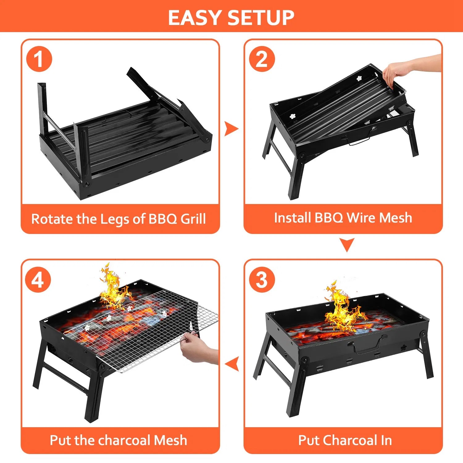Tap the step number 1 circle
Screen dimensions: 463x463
click(39, 59)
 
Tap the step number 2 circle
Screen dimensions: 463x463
click(262, 59)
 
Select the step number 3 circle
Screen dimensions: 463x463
click(262, 280)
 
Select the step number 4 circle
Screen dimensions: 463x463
click(38, 280)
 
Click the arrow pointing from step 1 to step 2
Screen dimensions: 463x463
click(231, 129)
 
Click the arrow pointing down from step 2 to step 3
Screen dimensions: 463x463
click(347, 244)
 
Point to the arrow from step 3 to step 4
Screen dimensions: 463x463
click(232, 363)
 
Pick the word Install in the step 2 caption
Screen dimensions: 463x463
click(292, 218)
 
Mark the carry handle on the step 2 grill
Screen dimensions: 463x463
click(360, 140)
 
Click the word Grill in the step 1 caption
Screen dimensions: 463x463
click(193, 219)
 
